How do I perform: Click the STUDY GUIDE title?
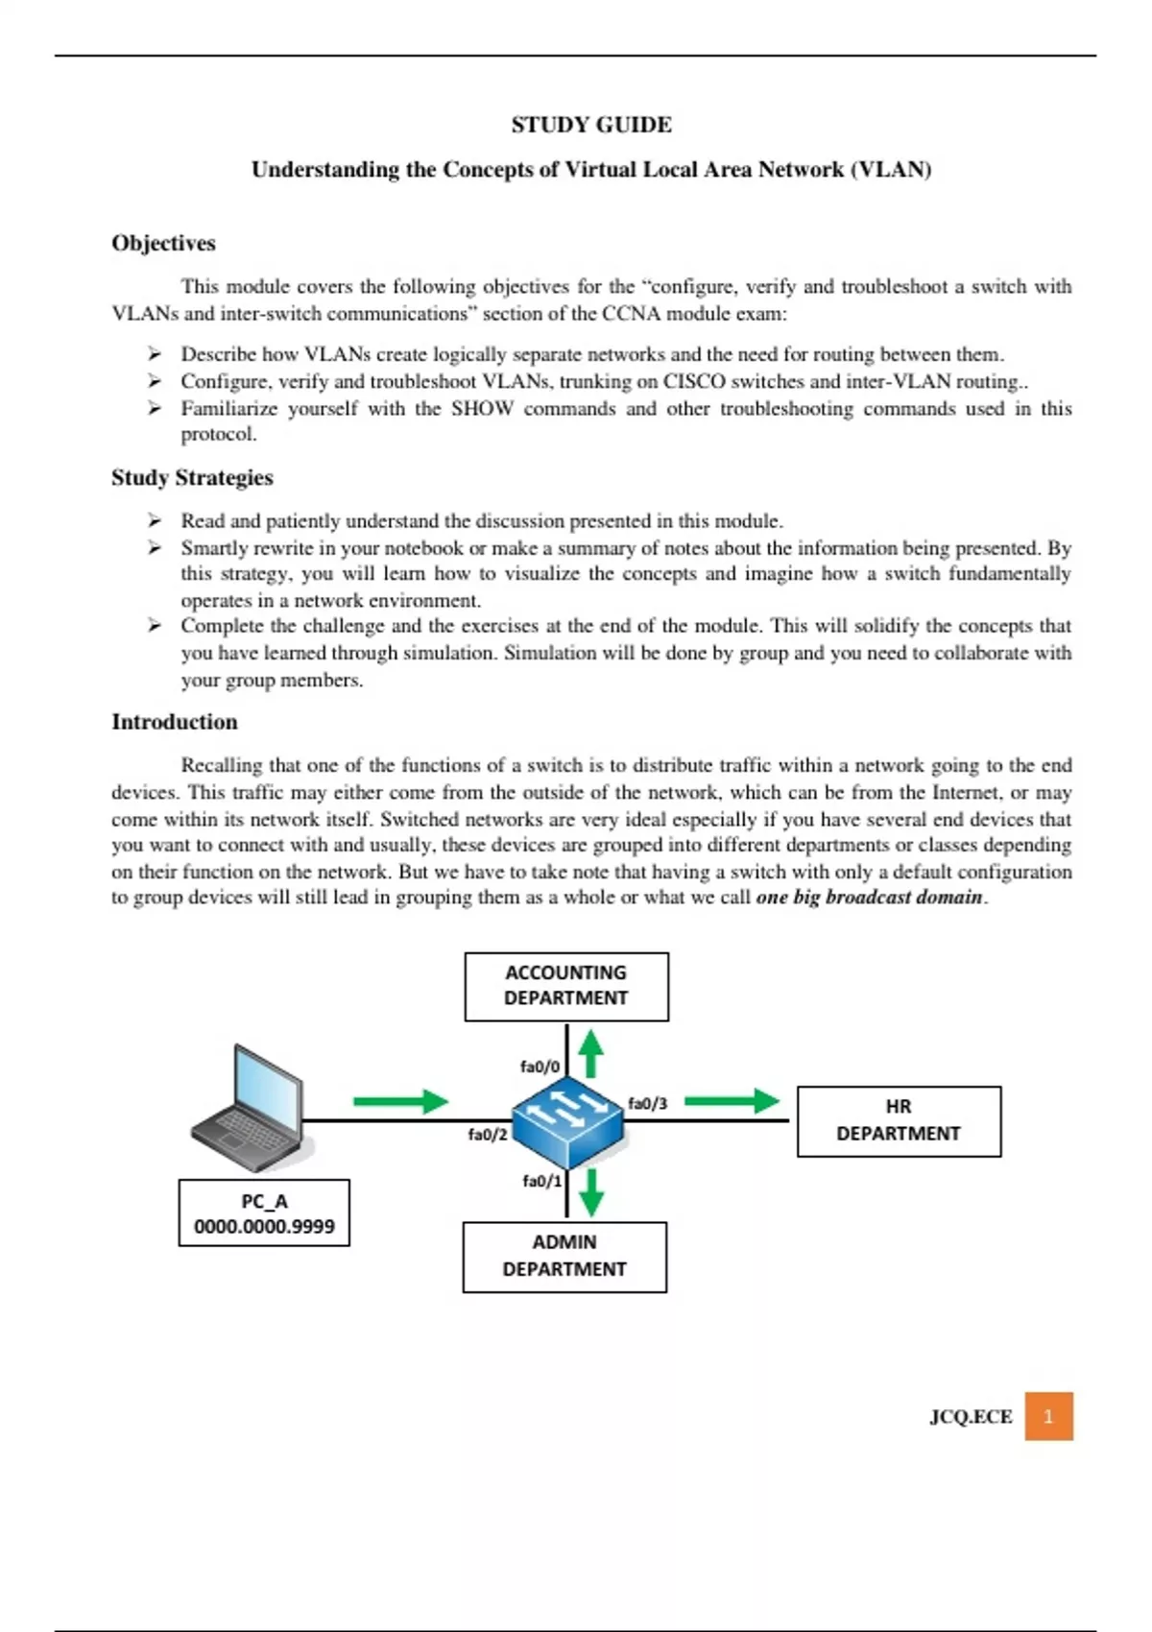[x=591, y=125]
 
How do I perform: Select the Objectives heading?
[x=163, y=243]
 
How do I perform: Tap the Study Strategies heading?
[x=192, y=477]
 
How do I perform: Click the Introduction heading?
[x=174, y=722]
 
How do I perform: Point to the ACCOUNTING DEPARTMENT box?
[x=566, y=986]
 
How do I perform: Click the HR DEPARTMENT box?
[x=899, y=1120]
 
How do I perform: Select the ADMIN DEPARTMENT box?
[x=564, y=1256]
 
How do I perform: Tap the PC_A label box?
[x=264, y=1213]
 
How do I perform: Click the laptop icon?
[x=250, y=1109]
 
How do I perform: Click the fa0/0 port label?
[x=540, y=1067]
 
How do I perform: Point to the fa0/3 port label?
[x=647, y=1104]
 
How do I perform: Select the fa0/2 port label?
[x=487, y=1135]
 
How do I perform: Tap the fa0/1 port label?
[x=541, y=1181]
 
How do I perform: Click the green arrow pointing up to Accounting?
[x=591, y=1053]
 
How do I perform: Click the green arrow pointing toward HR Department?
[x=732, y=1101]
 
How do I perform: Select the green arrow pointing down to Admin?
[x=591, y=1191]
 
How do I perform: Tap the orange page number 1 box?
[x=1048, y=1416]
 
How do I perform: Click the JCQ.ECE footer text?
[x=971, y=1417]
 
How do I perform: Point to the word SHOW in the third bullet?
[x=482, y=409]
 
